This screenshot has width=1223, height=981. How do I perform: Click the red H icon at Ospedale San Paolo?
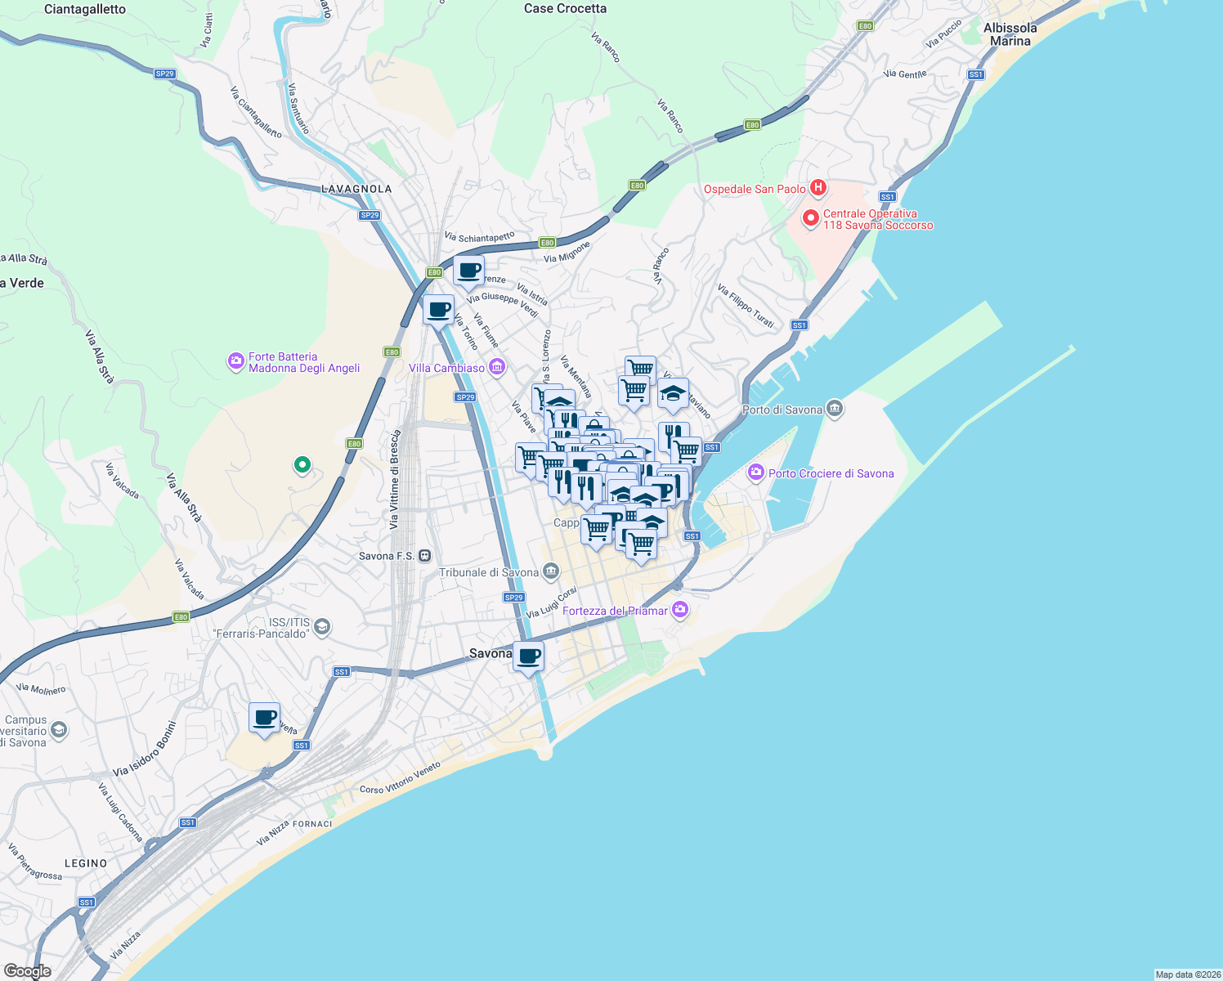click(818, 188)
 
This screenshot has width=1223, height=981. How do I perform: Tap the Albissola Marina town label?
click(1010, 34)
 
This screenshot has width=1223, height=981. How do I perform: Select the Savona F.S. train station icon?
click(424, 556)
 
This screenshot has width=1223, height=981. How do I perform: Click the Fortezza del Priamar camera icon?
click(680, 610)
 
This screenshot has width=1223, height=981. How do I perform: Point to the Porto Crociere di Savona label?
click(831, 473)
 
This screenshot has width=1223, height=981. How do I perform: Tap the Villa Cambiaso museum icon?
click(497, 368)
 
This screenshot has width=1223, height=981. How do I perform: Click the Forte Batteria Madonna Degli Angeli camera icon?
click(236, 361)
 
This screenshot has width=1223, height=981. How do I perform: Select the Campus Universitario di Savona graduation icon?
click(59, 729)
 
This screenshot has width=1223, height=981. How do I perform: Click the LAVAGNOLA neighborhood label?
click(356, 189)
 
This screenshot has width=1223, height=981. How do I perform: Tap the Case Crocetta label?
click(565, 9)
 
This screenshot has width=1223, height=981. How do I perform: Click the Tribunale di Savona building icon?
click(551, 571)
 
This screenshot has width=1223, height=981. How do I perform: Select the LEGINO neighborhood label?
click(86, 863)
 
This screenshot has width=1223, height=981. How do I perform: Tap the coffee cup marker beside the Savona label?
click(529, 656)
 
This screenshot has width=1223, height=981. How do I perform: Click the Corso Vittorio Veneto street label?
click(401, 777)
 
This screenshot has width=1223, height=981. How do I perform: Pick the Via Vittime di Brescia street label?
click(395, 479)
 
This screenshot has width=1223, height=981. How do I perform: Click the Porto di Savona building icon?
click(835, 409)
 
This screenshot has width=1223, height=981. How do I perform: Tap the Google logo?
click(28, 971)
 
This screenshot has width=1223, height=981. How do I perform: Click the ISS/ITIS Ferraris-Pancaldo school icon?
click(322, 627)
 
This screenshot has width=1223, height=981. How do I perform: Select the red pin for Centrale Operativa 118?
click(810, 218)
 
